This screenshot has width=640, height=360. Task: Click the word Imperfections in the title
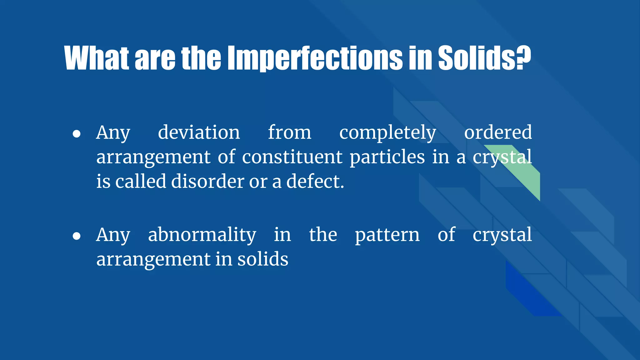[315, 58]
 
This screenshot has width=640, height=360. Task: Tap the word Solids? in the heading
[484, 58]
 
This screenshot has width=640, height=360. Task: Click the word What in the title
[96, 58]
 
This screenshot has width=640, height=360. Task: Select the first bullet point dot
[77, 134]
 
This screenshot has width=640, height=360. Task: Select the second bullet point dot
[77, 236]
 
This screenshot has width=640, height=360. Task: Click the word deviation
[199, 132]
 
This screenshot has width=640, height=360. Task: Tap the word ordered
[498, 132]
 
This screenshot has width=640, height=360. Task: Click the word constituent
[292, 157]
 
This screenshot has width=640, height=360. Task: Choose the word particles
[387, 157]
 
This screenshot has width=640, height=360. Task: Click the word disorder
[207, 182]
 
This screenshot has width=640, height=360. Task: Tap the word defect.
[315, 182]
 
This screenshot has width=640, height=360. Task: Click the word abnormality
[202, 235]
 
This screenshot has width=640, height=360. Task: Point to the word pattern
[387, 235]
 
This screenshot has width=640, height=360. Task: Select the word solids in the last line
[262, 259]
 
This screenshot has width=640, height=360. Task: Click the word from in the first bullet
[289, 132]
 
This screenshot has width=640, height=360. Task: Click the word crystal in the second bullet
[502, 235]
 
